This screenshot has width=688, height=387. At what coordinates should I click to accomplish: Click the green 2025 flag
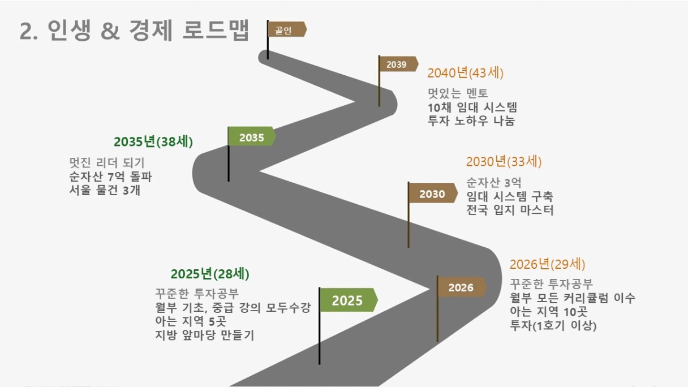(349, 300)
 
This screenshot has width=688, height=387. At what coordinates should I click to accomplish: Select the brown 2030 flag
(433, 193)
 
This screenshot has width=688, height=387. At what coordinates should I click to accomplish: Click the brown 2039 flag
(398, 64)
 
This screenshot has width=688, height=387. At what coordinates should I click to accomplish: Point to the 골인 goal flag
(287, 29)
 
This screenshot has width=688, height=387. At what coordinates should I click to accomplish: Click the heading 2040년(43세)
(465, 73)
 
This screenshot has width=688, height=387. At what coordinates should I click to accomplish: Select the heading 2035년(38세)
(153, 141)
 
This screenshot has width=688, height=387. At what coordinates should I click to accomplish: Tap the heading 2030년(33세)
(504, 162)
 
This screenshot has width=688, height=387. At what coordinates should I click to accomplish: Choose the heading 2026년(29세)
(547, 264)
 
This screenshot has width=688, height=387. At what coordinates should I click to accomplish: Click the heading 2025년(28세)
(210, 274)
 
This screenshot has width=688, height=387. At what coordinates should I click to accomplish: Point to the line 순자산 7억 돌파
(110, 177)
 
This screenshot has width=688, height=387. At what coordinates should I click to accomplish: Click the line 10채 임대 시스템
(472, 107)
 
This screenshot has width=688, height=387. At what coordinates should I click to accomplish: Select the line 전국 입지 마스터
(510, 210)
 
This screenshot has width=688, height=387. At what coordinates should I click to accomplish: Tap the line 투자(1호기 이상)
(553, 325)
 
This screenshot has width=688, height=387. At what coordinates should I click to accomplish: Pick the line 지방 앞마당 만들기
(205, 335)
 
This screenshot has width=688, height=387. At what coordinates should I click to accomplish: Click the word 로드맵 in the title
(216, 30)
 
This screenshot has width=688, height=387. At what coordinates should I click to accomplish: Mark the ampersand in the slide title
(110, 31)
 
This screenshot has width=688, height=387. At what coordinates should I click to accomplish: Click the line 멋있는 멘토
(458, 93)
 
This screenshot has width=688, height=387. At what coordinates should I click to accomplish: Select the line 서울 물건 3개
(105, 190)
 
